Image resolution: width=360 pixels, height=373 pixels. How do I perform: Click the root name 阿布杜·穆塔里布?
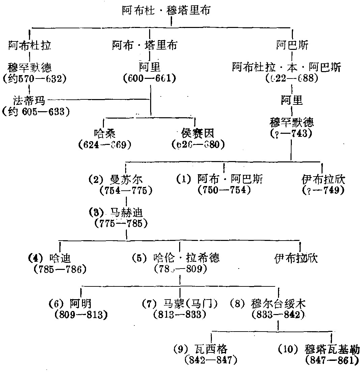click(166, 11)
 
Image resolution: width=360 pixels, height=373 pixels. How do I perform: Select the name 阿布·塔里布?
click(144, 45)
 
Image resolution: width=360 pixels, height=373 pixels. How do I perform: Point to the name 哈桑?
click(105, 133)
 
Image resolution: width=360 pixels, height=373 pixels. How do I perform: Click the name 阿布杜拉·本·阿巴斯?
click(286, 67)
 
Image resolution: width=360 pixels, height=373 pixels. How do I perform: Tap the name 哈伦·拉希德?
click(186, 258)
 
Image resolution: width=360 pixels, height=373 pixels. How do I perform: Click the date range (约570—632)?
click(34, 79)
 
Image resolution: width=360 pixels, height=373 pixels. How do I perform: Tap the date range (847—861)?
click(330, 360)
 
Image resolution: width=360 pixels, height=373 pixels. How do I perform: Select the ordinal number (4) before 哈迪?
click(34, 258)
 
